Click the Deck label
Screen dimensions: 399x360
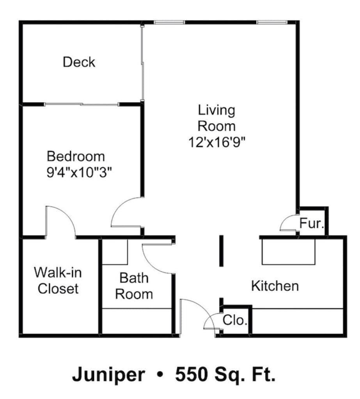(79, 62)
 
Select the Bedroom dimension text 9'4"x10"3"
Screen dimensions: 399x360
(79, 172)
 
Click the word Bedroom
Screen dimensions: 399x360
(76, 156)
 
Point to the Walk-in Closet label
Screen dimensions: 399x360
(58, 280)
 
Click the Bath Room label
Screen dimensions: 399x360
(134, 286)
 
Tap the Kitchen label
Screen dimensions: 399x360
(275, 286)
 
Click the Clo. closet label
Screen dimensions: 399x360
(235, 321)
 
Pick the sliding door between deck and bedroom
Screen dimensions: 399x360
(81, 104)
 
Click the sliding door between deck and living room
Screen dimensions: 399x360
(142, 62)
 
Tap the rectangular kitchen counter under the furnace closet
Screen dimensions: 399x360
(288, 252)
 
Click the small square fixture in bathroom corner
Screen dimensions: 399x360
(115, 252)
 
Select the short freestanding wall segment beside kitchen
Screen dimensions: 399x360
(221, 251)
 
